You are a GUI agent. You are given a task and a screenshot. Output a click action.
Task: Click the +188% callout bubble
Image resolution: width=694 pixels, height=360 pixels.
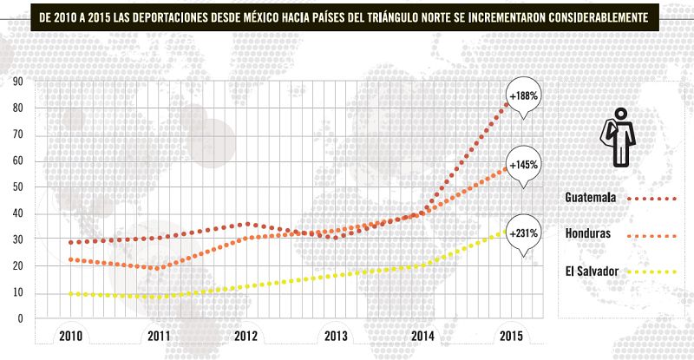525,95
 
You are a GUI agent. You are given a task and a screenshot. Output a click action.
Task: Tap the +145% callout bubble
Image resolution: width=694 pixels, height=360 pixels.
525,164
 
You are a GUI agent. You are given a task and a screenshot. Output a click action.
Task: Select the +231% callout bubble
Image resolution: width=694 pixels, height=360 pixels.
525,232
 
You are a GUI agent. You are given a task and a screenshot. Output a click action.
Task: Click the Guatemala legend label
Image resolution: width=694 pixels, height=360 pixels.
590,198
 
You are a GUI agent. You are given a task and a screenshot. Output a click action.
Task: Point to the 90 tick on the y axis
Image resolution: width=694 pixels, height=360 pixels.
17,82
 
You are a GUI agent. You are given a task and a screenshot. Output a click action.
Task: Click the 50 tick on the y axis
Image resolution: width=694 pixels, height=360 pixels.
17,187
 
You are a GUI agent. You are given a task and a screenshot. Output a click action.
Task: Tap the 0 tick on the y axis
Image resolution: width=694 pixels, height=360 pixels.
20,318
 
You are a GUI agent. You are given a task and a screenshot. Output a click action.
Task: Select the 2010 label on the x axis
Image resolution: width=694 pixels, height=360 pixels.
71,336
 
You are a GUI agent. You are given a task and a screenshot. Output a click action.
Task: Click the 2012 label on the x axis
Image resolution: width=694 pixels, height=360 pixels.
246,336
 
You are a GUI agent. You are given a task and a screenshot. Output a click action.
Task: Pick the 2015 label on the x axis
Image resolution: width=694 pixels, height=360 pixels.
510,336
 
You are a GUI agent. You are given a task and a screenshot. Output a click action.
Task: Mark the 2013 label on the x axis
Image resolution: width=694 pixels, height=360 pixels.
335,336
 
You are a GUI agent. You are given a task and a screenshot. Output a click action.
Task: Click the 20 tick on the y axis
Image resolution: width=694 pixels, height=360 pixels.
17,266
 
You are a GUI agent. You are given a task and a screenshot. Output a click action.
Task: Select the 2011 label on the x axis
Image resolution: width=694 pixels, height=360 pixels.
159,336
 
